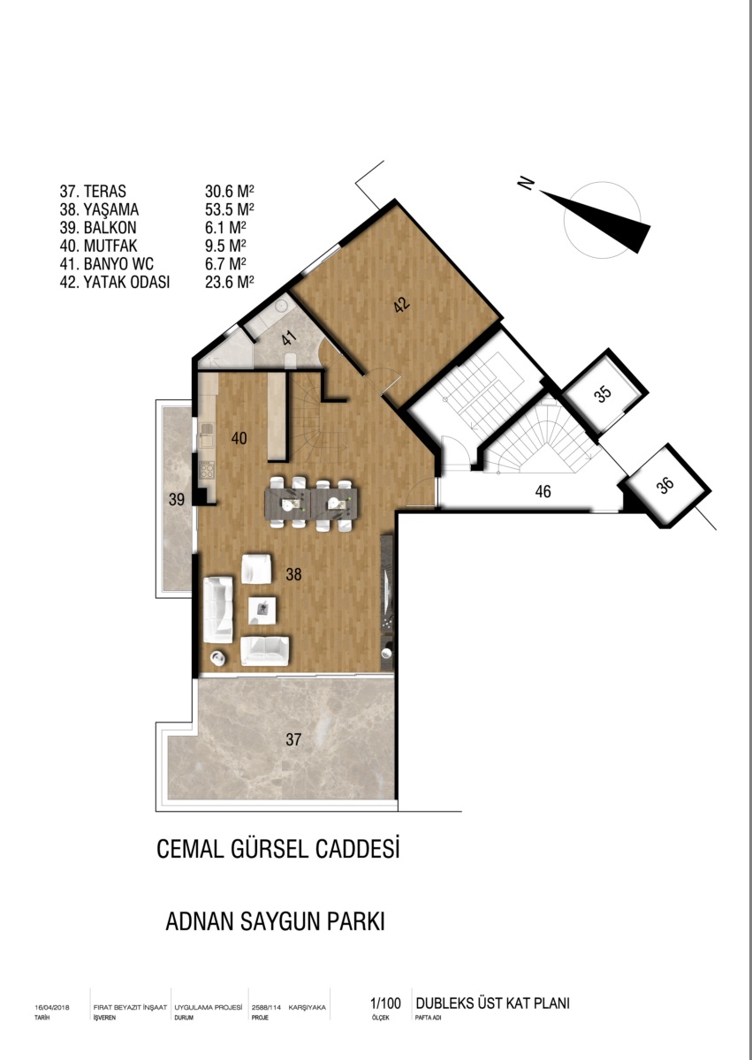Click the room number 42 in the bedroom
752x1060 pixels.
[402, 305]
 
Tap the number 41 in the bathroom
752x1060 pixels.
[289, 339]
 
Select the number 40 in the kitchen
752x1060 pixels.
[239, 438]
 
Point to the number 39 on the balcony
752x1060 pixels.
[177, 499]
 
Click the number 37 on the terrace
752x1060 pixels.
[293, 739]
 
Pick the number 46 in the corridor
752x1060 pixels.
[543, 492]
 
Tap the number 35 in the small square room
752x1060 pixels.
[603, 394]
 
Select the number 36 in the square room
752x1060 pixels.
[665, 485]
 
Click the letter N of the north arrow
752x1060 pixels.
[526, 183]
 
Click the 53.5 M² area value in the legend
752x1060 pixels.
[230, 209]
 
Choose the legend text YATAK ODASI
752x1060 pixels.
[126, 282]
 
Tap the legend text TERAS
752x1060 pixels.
[104, 191]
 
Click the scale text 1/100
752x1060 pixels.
[385, 1003]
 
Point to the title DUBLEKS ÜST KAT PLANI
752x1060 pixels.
[493, 1003]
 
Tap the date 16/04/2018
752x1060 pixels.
[52, 1008]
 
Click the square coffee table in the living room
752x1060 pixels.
[262, 610]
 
